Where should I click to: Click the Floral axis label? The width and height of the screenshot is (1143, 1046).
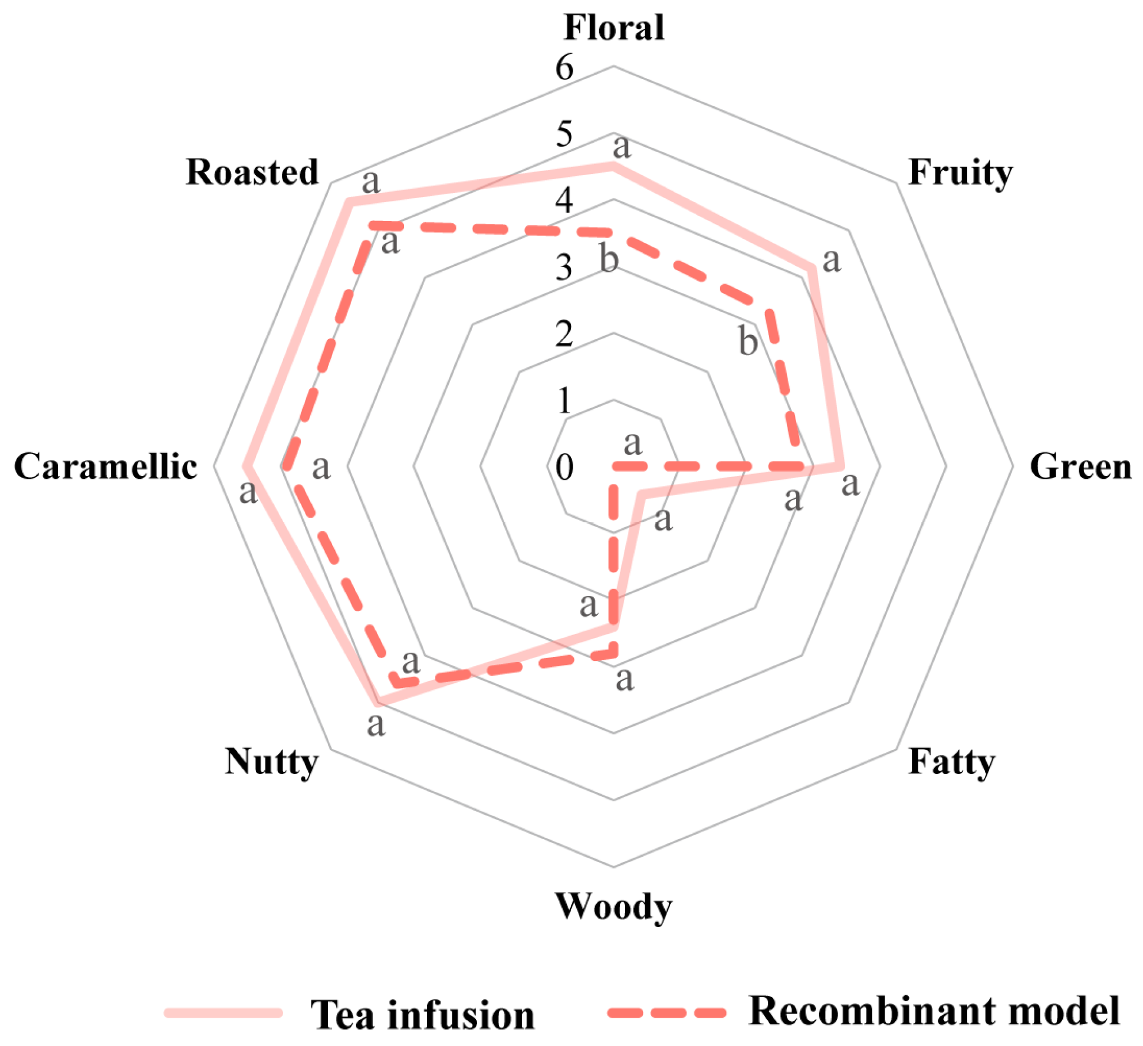(613, 27)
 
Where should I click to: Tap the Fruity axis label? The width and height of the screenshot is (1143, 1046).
(960, 172)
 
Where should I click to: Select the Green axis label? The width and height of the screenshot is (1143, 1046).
(1080, 466)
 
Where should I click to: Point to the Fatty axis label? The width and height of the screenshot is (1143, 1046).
(951, 761)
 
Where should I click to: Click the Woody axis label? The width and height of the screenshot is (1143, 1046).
(613, 906)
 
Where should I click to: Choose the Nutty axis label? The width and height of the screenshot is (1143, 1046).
(271, 761)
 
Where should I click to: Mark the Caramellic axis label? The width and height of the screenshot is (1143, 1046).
(105, 466)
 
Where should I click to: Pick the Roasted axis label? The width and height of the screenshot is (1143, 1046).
(252, 172)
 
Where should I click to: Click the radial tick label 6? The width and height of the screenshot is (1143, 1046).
(564, 67)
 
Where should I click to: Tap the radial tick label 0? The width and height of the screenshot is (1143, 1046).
(564, 468)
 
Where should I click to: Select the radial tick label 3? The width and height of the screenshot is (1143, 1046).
(564, 267)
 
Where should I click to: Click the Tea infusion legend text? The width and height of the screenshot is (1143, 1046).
(422, 1016)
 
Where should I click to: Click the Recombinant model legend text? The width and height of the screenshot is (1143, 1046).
(934, 1011)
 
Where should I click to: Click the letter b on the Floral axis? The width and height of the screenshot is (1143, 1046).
(609, 259)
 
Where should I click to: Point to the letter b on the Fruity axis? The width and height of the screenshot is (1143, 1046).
(748, 341)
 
